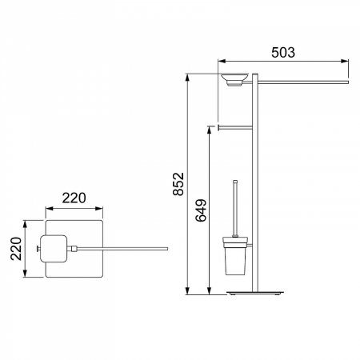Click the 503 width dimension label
(x=283, y=53)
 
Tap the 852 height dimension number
(x=178, y=184)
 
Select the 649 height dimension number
(x=201, y=210)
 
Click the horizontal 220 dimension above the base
(x=74, y=198)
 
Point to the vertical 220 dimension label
(x=16, y=249)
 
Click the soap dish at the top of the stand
(x=235, y=79)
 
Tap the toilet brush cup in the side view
(x=235, y=256)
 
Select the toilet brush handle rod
(x=235, y=209)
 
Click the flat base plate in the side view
(x=255, y=293)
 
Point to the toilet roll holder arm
(x=235, y=128)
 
